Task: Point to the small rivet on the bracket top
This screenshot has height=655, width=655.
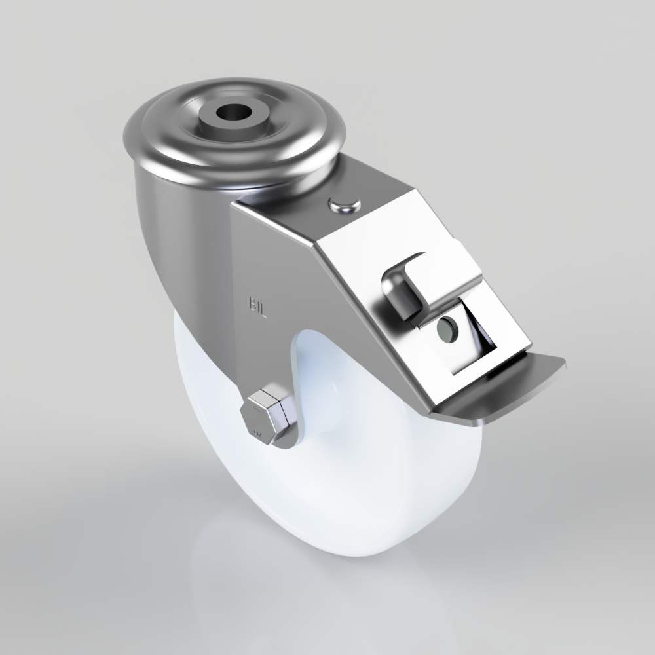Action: [345, 205]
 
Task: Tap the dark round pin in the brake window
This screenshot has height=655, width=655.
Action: [447, 327]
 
